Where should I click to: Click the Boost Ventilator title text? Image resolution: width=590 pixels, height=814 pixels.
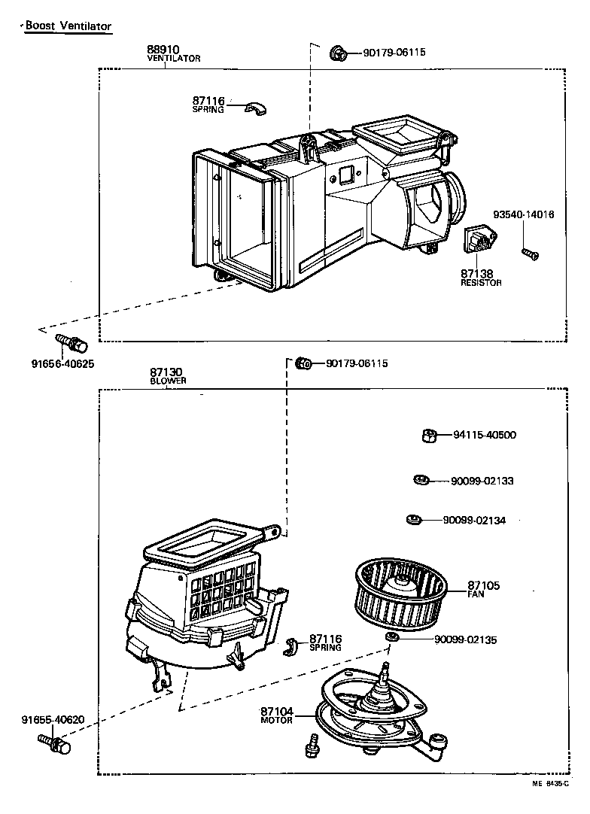[x=68, y=26]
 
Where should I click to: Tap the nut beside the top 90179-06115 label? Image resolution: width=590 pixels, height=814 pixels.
[x=338, y=53]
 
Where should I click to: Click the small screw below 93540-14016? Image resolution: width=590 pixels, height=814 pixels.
[x=530, y=254]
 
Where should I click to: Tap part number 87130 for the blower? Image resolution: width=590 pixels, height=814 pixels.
[x=165, y=372]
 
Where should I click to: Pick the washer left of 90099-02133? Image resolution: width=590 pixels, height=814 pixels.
[x=421, y=480]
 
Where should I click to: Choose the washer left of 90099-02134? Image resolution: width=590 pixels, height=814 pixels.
[x=412, y=519]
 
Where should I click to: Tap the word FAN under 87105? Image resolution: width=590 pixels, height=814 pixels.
[x=476, y=594]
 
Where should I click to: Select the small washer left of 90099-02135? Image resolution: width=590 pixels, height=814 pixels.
[x=391, y=638]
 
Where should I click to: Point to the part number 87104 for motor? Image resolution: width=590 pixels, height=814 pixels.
[x=276, y=711]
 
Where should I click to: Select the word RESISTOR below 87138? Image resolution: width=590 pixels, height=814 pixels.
[x=481, y=283]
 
